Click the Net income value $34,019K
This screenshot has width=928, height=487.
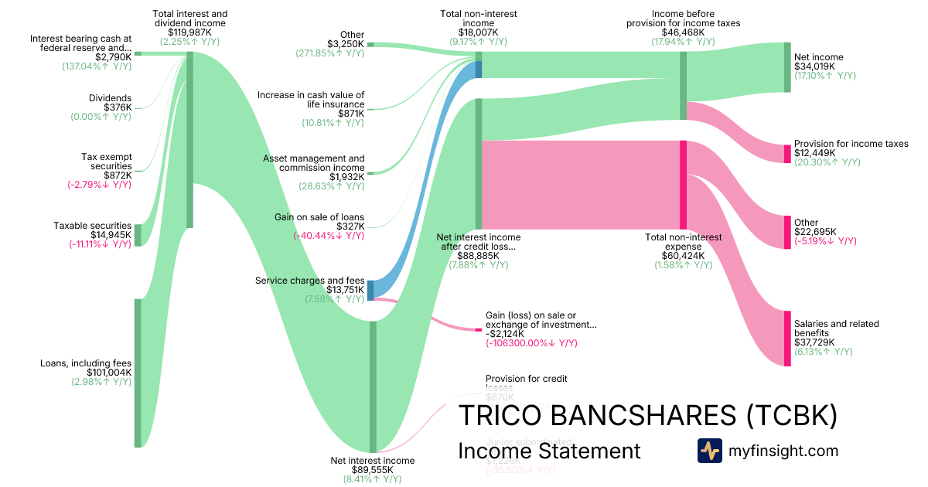coord(814,66)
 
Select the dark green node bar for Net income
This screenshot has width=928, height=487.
coord(787,67)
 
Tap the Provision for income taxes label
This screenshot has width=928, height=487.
coord(851,144)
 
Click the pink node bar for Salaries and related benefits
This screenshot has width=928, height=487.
coord(787,339)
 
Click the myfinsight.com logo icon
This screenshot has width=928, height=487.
coord(709,450)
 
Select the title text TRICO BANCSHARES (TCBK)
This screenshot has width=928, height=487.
coord(648,416)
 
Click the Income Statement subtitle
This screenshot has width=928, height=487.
coord(549,451)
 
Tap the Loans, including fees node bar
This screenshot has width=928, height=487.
coord(138,373)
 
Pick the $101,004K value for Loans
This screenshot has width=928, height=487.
coord(108,373)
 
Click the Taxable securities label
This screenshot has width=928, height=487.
coord(92,226)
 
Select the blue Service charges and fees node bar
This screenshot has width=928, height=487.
coord(370,290)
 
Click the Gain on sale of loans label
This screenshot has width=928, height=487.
coord(319,217)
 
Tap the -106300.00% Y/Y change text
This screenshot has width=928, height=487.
coord(531,343)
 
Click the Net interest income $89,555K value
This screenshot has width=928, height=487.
coord(372,469)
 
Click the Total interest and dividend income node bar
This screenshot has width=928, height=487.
coord(190,139)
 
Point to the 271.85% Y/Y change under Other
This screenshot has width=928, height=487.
coord(329,53)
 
